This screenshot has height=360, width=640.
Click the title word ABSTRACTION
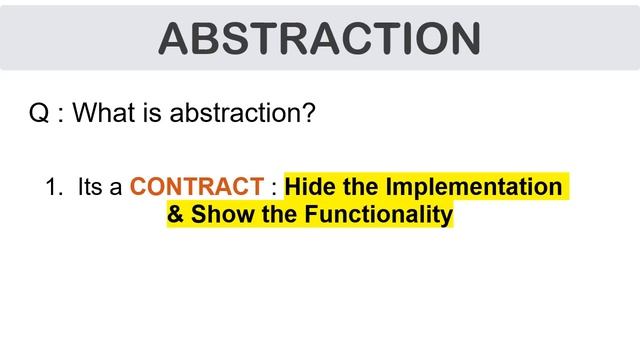click(319, 37)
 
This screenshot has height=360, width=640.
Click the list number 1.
click(52, 187)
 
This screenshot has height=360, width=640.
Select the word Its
click(91, 187)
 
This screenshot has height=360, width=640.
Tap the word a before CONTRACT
click(118, 187)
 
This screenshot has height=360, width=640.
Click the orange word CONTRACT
click(196, 187)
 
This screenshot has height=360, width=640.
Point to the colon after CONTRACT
click(273, 188)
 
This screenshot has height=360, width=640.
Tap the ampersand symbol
click(176, 214)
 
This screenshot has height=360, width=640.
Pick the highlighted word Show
click(218, 214)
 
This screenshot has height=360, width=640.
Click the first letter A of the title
click(178, 37)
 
